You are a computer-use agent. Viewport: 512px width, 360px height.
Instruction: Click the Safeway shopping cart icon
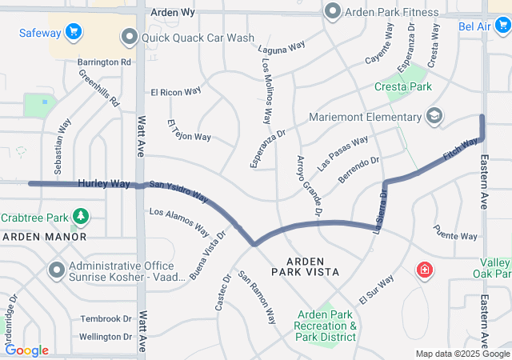[x=74, y=32]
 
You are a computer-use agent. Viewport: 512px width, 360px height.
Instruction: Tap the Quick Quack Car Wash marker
[x=129, y=37]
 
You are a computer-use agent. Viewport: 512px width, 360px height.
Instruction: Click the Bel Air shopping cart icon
[x=502, y=26]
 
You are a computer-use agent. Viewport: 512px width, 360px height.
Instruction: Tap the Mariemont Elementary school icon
[x=434, y=117]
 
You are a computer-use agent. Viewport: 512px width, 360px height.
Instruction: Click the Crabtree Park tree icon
[x=80, y=216]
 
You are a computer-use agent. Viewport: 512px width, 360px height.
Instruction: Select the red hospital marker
[x=423, y=271]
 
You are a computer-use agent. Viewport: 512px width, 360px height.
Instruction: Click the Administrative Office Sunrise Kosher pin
[x=57, y=270]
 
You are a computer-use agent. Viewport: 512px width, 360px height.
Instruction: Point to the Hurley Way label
[x=104, y=184]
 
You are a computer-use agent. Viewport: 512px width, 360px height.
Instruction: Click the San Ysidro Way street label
[x=178, y=191]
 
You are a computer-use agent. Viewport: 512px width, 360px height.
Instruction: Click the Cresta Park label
[x=409, y=86]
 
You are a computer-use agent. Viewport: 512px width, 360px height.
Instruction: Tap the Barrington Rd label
[x=104, y=62]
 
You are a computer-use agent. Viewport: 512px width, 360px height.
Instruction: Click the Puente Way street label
[x=456, y=236]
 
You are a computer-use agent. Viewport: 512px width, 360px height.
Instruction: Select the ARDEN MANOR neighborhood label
[x=44, y=237]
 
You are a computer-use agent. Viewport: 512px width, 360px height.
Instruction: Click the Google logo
[x=26, y=350]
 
